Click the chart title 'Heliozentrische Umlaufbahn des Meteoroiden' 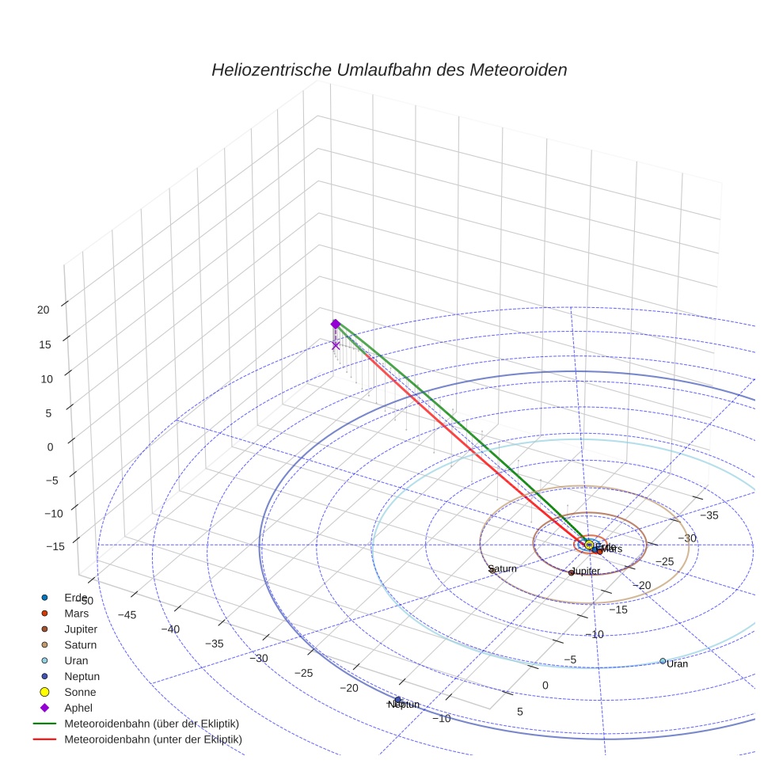click(389, 70)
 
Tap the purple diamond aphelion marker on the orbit click(335, 324)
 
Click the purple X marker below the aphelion click(336, 345)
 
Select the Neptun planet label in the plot click(403, 705)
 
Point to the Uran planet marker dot click(663, 661)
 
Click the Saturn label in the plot click(503, 568)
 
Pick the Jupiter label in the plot click(586, 571)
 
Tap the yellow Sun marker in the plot click(588, 545)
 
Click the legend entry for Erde click(76, 597)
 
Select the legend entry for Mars click(76, 613)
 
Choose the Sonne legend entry click(80, 692)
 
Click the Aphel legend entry click(78, 708)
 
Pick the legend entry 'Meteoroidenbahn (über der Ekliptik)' click(151, 724)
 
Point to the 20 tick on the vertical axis click(44, 310)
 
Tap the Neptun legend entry click(82, 676)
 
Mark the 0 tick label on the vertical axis click(50, 446)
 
